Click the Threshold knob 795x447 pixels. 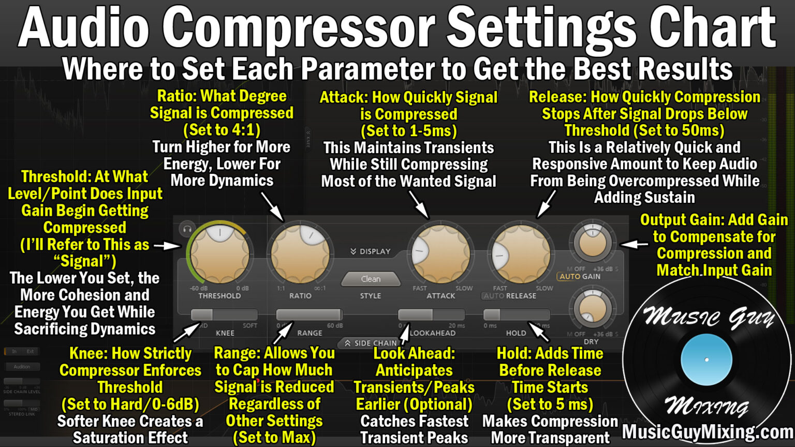(219, 254)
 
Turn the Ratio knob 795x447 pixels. (300, 254)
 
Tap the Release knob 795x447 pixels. (521, 254)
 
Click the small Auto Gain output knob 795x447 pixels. (592, 243)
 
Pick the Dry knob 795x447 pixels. (592, 309)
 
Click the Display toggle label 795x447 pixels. (371, 251)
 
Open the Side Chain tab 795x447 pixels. (371, 343)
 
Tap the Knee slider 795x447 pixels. (224, 315)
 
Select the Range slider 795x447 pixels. (309, 315)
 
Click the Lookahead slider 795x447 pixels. (431, 315)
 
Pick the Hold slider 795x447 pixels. (516, 315)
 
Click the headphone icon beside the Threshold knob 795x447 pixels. (187, 229)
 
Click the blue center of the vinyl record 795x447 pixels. (706, 360)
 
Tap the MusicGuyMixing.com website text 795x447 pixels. (708, 431)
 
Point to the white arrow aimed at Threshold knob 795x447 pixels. (167, 246)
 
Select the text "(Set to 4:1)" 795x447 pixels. (222, 130)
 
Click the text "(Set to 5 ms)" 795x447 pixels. (550, 404)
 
